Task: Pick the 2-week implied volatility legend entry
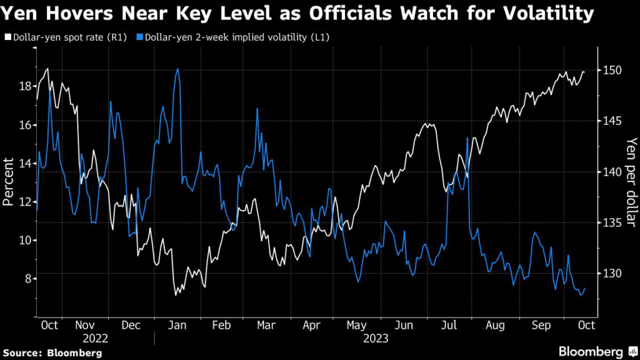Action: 236,37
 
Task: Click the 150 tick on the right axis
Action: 612,71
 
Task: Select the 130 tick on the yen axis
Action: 612,274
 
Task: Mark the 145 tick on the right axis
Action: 612,121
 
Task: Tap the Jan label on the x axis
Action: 177,325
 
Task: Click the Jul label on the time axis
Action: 448,325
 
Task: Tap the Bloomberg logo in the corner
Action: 595,351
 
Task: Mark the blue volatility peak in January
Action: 178,69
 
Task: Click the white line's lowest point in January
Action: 176,294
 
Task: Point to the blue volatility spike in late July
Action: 467,138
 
